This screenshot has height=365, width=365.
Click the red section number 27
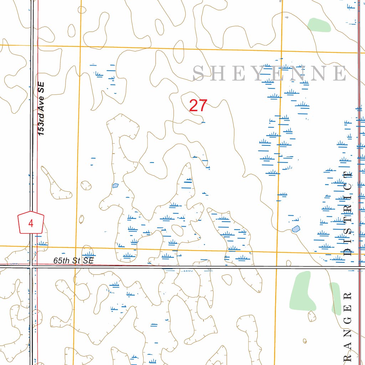(x=198, y=106)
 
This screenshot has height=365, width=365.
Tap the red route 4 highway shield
(x=31, y=223)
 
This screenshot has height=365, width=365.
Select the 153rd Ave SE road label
(x=41, y=108)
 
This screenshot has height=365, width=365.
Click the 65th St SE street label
(x=73, y=261)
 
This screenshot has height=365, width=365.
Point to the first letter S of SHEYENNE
(x=199, y=74)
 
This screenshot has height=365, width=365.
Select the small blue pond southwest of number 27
(x=115, y=185)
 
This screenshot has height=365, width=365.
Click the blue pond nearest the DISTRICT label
(x=295, y=229)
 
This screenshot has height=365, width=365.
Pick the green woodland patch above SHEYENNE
(x=319, y=25)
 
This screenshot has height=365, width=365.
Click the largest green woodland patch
(x=302, y=291)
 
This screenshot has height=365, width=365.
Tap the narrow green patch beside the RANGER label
(x=335, y=298)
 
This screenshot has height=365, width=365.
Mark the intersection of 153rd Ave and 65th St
(x=32, y=266)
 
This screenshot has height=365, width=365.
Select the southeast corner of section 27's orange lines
(x=277, y=252)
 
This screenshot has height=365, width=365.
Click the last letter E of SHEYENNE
(x=340, y=74)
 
